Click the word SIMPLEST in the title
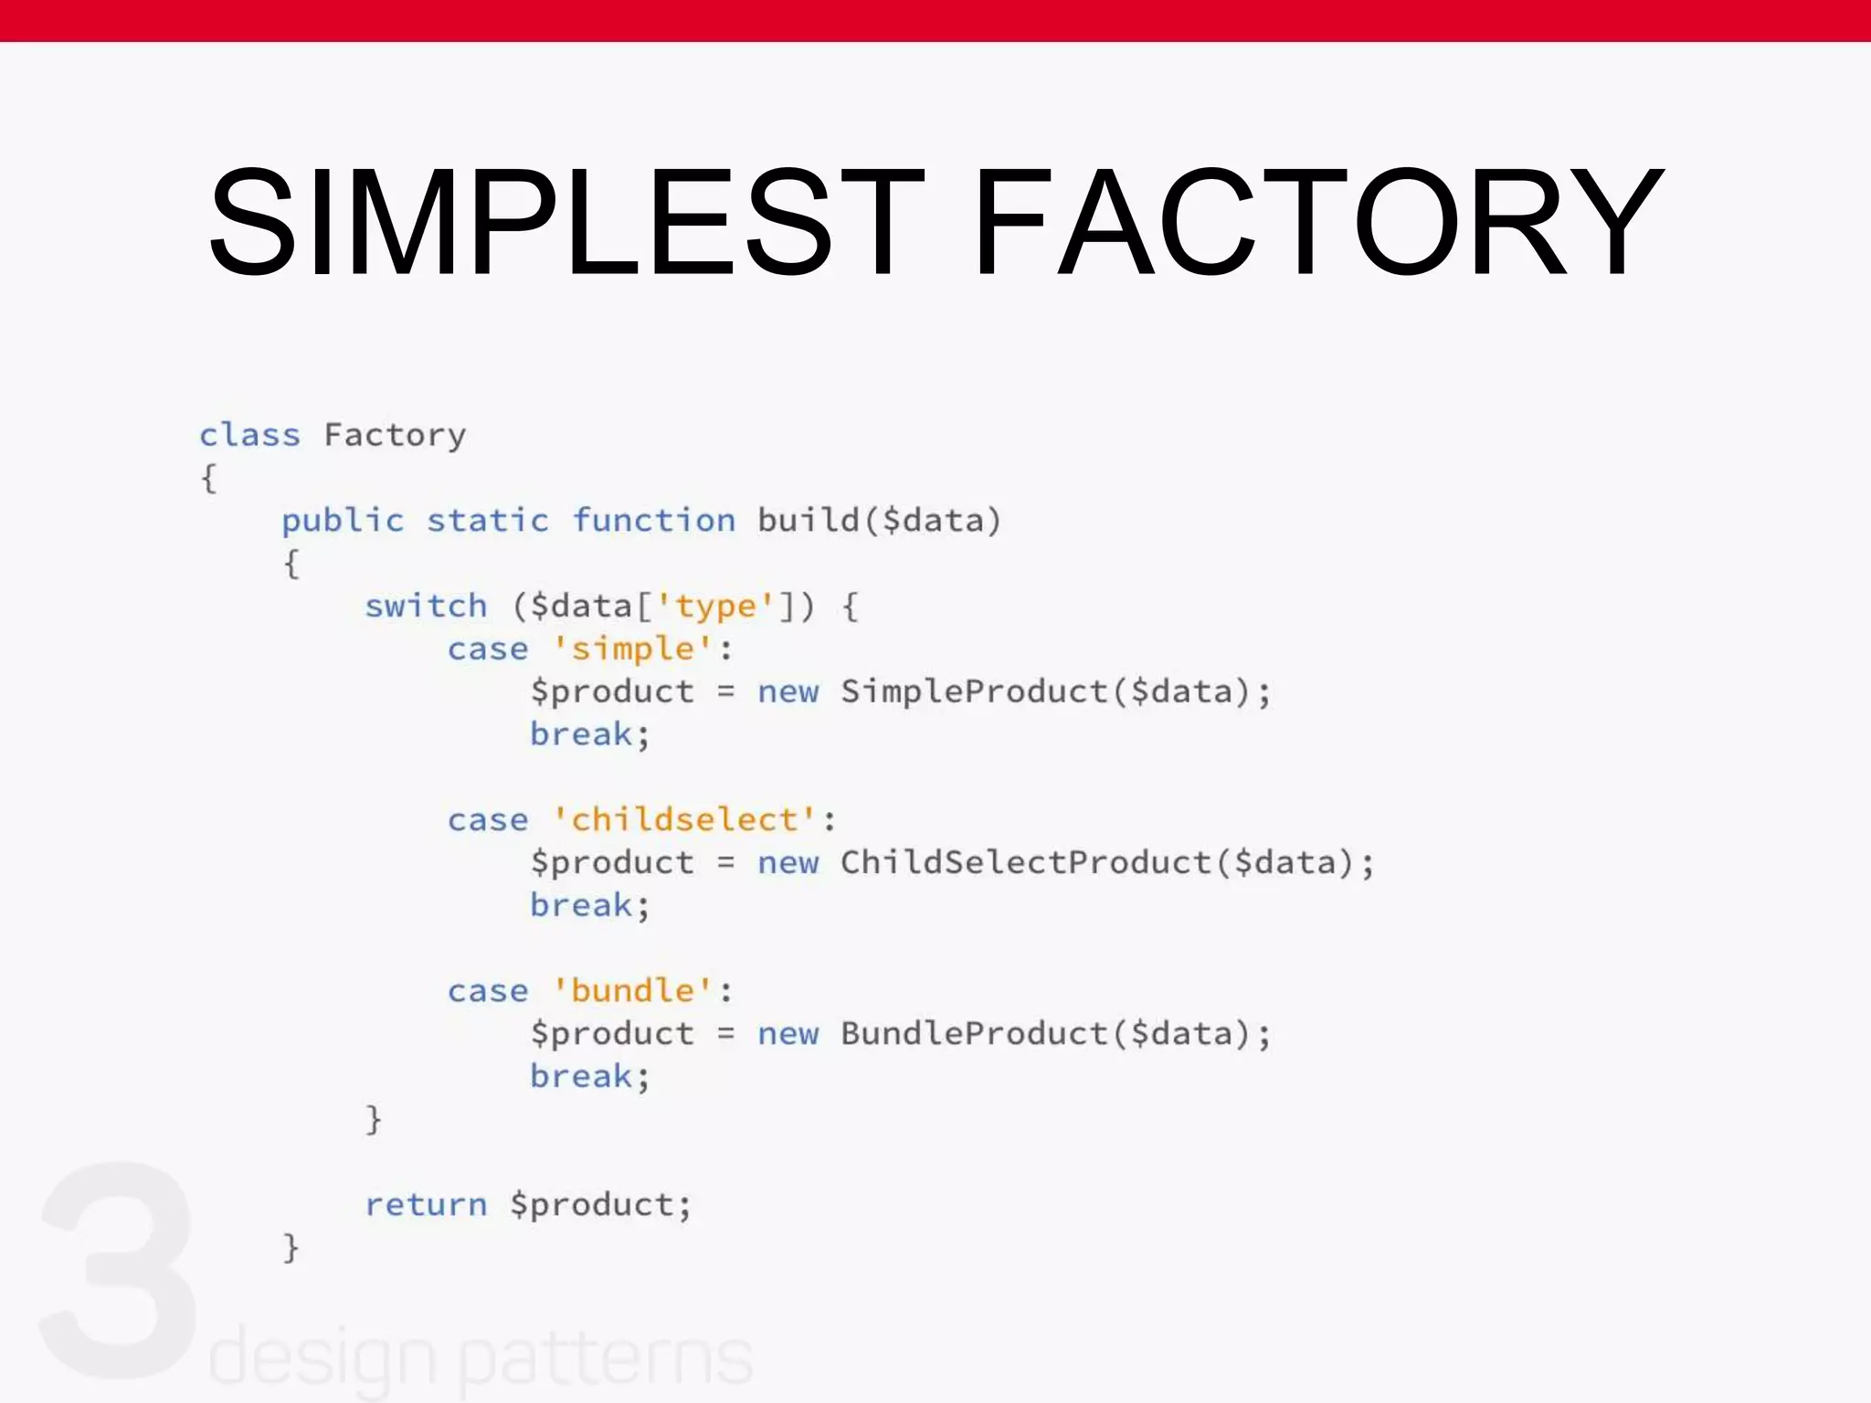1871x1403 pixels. pos(565,221)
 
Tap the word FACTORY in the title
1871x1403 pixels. pos(1317,221)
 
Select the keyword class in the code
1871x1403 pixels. pos(249,435)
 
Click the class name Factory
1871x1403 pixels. pos(395,436)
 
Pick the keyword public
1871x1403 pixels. pos(343,522)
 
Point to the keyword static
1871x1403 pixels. pos(488,521)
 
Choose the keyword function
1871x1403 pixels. pos(653,521)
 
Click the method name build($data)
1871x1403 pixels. pos(879,521)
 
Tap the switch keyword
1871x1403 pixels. pos(426,606)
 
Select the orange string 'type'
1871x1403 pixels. pos(715,606)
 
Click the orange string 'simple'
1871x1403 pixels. pos(632,649)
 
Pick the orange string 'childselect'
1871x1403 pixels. pos(684,819)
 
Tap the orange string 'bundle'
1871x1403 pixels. pos(632,990)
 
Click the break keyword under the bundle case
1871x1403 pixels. pos(581,1076)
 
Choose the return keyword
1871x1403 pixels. pos(426,1205)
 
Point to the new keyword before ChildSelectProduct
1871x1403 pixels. pos(788,862)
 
